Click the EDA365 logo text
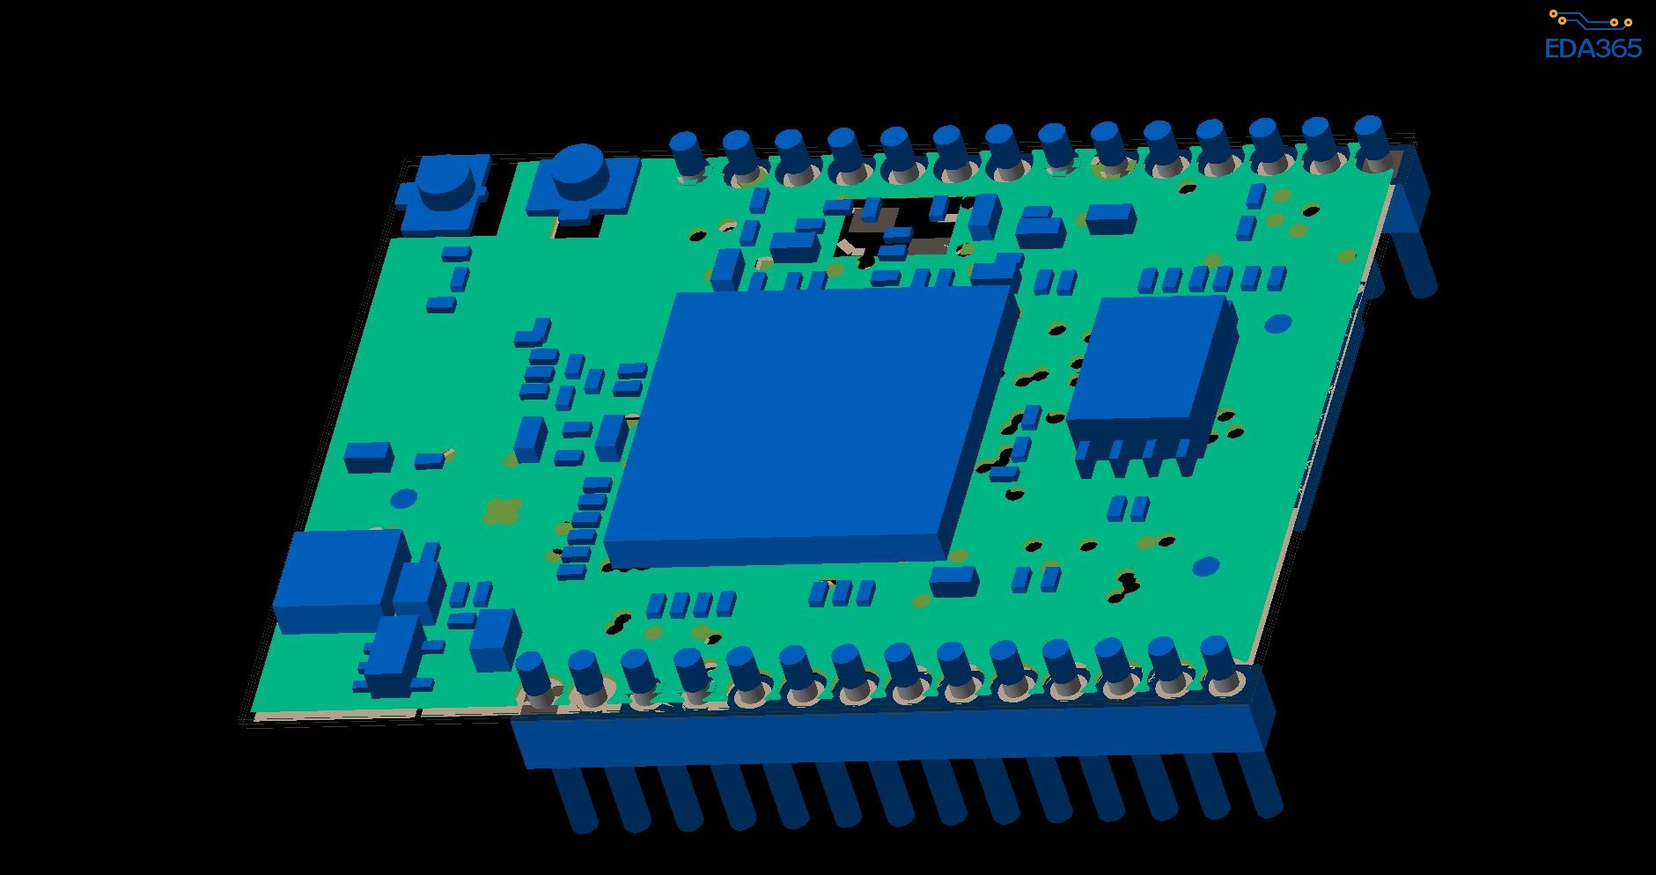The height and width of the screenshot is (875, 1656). [1593, 48]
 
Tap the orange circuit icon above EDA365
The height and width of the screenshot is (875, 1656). [1593, 19]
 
